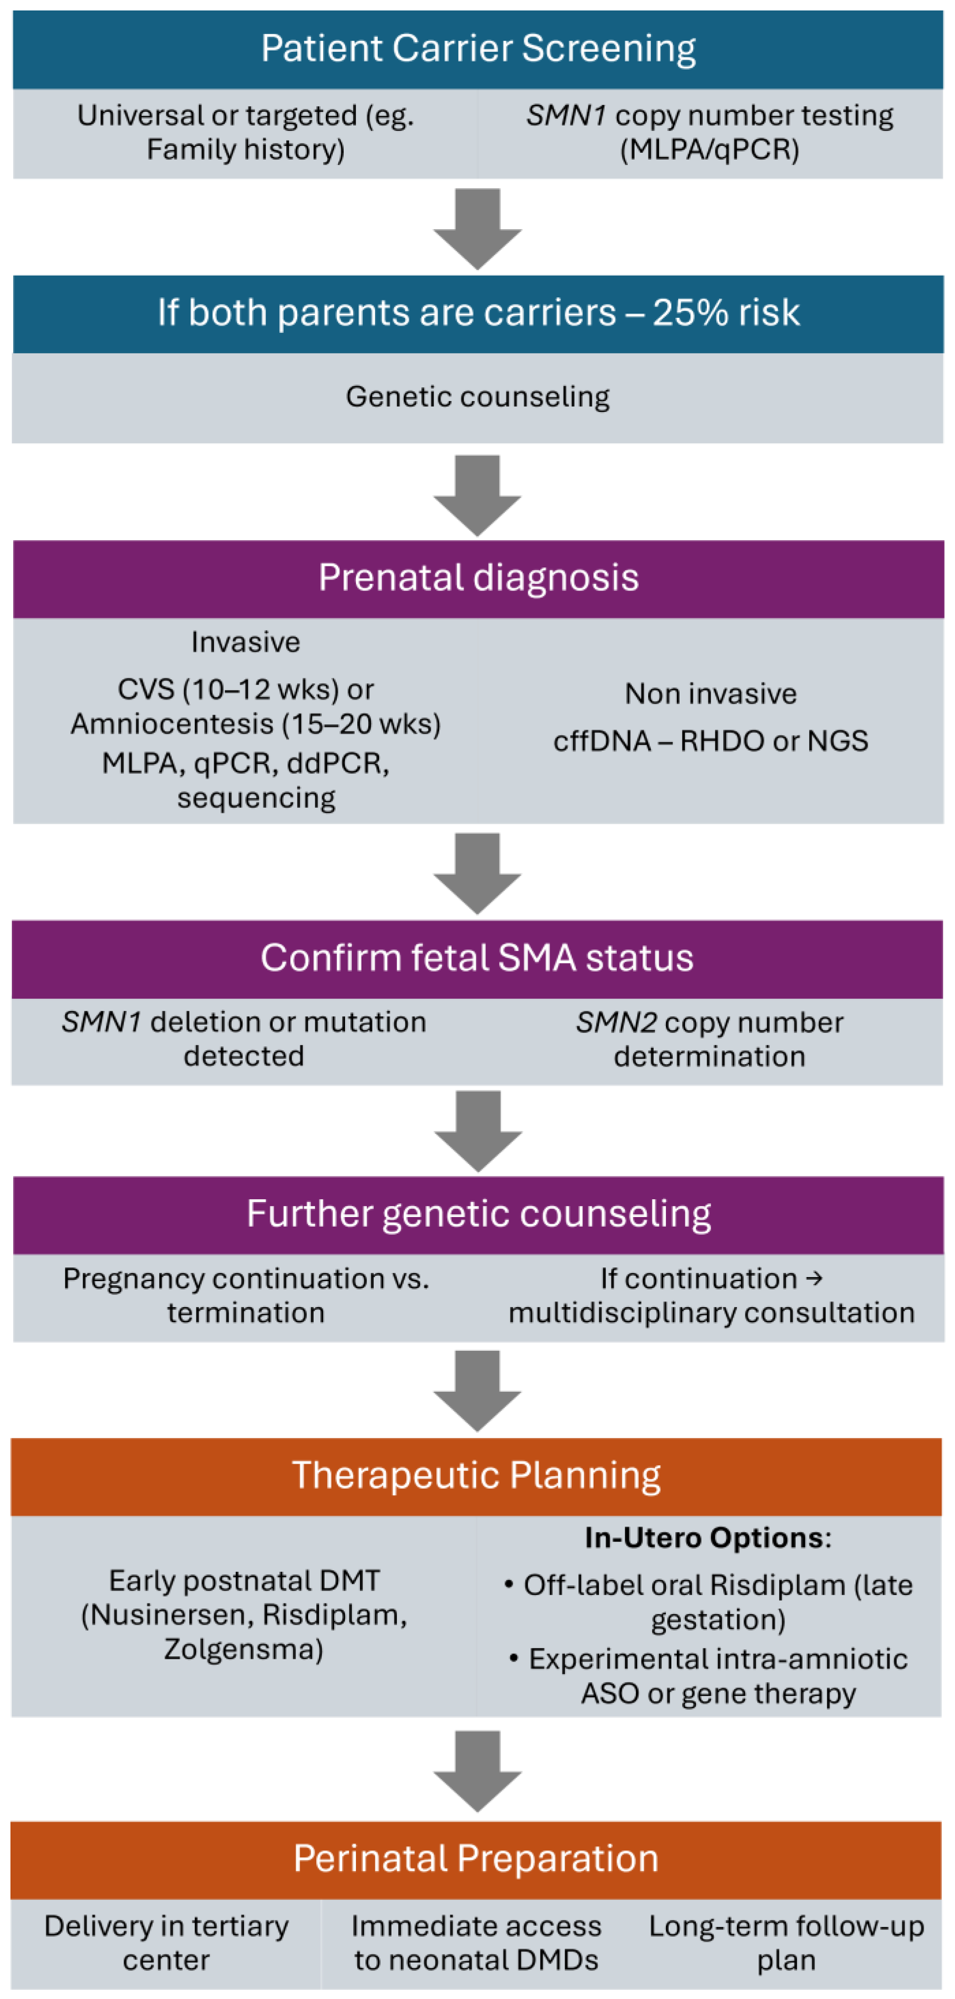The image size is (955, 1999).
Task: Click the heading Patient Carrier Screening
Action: click(x=478, y=48)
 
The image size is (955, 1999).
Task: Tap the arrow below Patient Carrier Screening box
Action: click(x=477, y=228)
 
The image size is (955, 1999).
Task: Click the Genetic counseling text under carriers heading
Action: click(x=477, y=396)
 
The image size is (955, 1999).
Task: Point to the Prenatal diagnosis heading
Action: click(x=478, y=577)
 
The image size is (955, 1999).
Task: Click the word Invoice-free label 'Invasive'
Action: click(x=245, y=642)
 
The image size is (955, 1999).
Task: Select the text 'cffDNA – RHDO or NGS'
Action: click(x=710, y=741)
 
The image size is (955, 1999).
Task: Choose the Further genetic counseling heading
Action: click(x=478, y=1214)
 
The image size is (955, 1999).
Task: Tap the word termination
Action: click(x=245, y=1313)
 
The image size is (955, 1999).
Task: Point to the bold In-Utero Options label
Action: click(x=708, y=1538)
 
